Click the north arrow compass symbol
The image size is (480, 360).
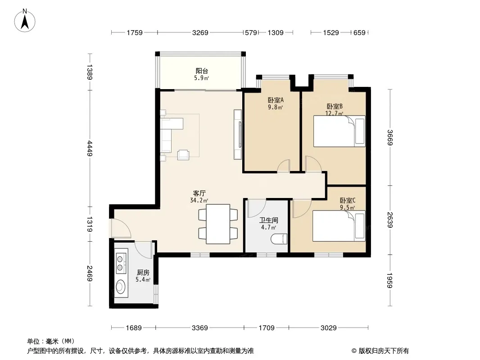click(x=25, y=21)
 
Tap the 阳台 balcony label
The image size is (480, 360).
click(x=202, y=71)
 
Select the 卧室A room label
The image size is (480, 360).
click(x=276, y=100)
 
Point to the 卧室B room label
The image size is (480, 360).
click(x=335, y=107)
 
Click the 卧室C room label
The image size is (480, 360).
click(x=348, y=201)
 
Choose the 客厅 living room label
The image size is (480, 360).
click(x=199, y=193)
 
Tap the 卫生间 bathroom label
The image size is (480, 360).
click(x=268, y=220)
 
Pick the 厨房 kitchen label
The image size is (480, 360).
click(x=143, y=273)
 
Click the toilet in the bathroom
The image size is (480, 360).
click(x=279, y=239)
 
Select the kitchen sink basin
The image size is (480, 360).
click(x=121, y=287)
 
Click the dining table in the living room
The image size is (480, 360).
click(x=218, y=224)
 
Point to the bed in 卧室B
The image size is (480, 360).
click(x=339, y=131)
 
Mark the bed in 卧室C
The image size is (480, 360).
click(x=339, y=226)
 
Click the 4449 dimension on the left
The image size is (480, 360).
click(x=90, y=148)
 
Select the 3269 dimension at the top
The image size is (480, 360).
click(x=200, y=32)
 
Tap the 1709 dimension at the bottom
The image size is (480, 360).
click(x=266, y=328)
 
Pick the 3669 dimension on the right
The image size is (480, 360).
click(x=389, y=138)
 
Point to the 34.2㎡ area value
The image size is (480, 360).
click(x=199, y=201)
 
